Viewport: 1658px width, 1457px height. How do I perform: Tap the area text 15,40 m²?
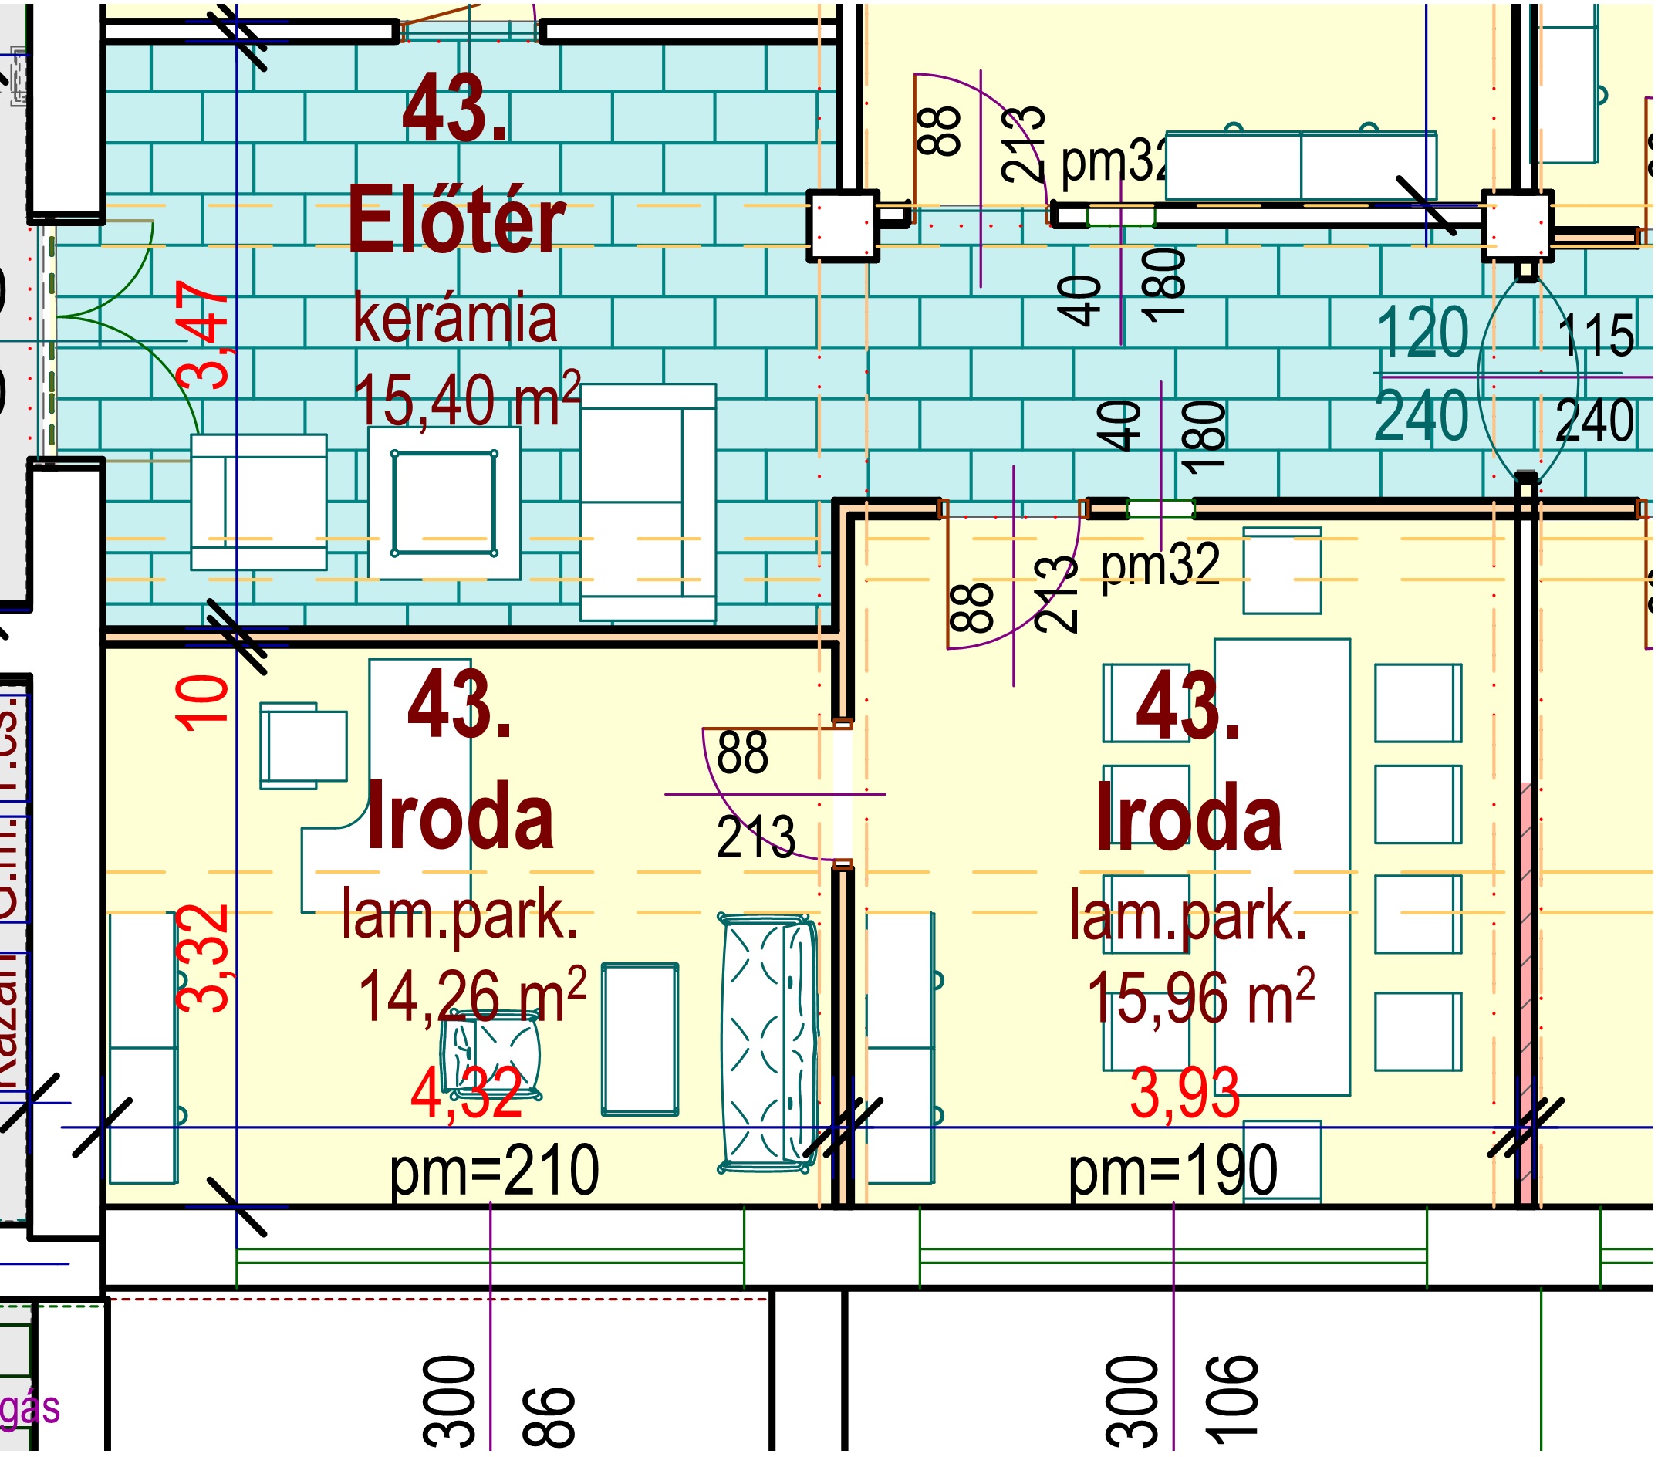point(467,399)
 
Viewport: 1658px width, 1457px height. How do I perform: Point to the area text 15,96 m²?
point(1200,997)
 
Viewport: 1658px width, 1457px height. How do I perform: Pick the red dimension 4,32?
point(467,1093)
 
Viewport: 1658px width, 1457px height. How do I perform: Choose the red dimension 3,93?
point(1184,1094)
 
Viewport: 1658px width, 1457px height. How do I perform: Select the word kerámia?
point(455,319)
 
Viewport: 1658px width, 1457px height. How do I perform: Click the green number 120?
point(1422,333)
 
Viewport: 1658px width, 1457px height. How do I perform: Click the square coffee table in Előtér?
point(444,503)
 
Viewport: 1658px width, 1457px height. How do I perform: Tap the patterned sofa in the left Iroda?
point(768,1043)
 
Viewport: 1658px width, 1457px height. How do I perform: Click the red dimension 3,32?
point(204,959)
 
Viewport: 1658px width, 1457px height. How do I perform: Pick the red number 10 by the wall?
point(203,702)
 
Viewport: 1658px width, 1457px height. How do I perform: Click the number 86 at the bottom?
point(549,1416)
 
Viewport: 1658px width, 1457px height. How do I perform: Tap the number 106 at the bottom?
point(1232,1400)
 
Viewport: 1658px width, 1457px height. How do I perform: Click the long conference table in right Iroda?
point(1281,867)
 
